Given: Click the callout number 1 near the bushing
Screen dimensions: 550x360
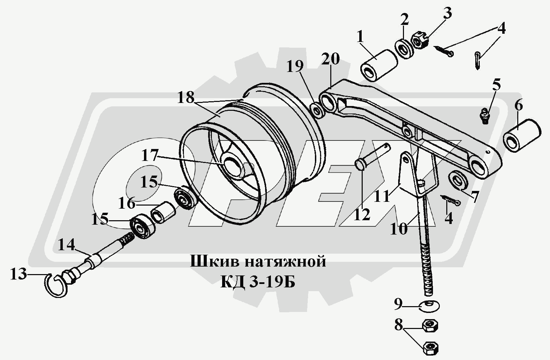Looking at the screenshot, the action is pos(360,37).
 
